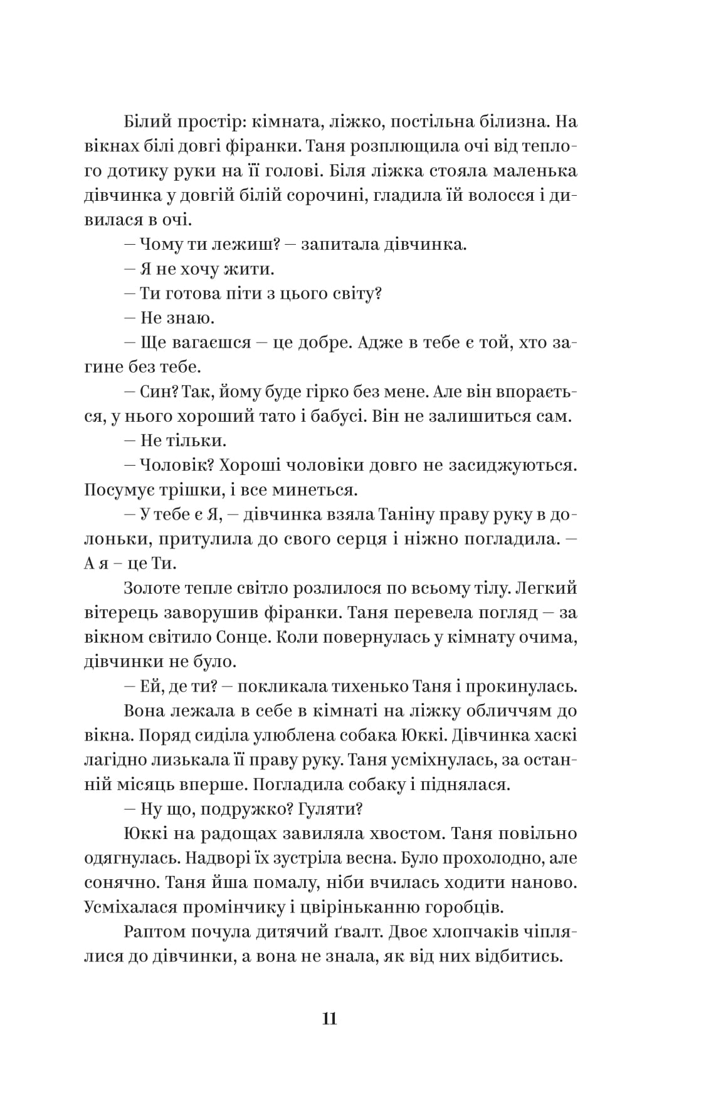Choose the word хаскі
click(x=553, y=736)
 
